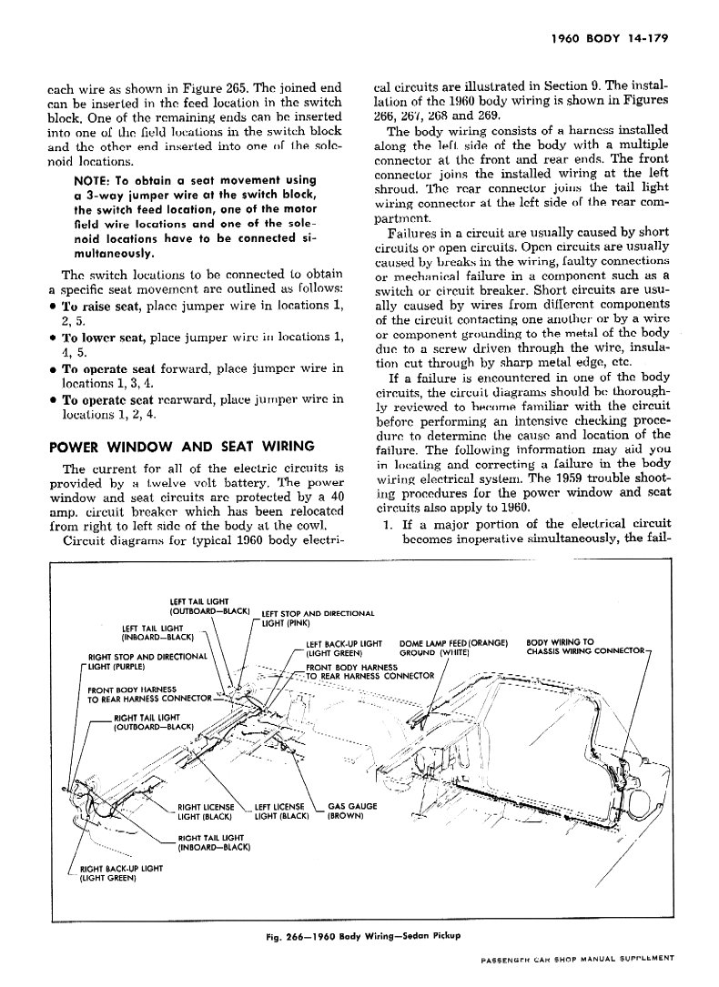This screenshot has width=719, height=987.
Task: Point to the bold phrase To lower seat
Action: pos(104,338)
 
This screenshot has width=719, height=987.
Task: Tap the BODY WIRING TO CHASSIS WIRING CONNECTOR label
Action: pos(582,647)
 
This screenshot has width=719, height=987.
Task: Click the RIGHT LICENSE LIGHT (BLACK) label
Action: pos(206,811)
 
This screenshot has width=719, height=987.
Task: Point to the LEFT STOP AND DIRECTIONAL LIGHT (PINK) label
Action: pos(318,619)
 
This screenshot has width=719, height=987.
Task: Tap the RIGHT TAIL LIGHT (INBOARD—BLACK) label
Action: pos(214,842)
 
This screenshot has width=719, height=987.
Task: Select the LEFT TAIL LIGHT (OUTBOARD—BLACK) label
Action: pos(209,606)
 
